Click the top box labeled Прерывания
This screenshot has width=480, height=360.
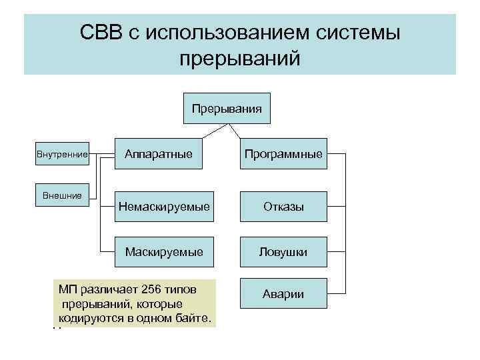click(x=227, y=108)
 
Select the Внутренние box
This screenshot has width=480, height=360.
click(x=63, y=155)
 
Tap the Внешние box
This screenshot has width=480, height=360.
click(x=63, y=195)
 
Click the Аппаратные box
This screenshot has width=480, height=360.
click(x=159, y=154)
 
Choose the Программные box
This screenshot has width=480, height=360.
click(x=283, y=154)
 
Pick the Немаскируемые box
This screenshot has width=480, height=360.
click(x=164, y=207)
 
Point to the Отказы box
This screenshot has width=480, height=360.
click(x=283, y=207)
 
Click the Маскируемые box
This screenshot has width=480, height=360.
click(x=164, y=252)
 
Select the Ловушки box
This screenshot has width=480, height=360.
click(x=283, y=252)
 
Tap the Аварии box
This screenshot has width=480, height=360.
click(x=283, y=294)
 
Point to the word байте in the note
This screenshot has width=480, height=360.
click(x=194, y=318)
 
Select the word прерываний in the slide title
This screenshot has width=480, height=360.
click(x=240, y=58)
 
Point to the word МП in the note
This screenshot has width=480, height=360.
click(x=67, y=289)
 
